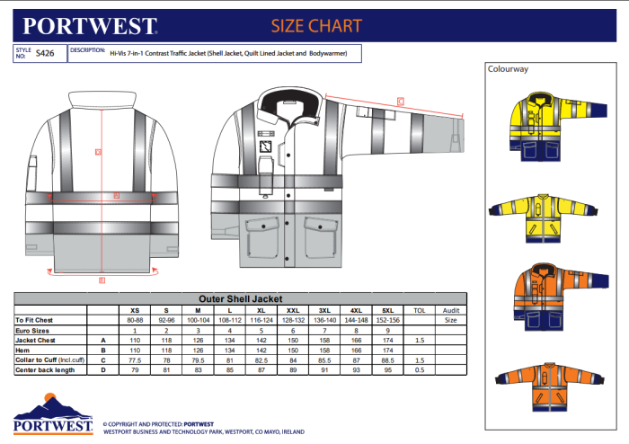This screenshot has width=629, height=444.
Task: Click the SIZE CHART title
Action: tap(317, 25)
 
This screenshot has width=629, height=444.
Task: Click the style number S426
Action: tap(45, 53)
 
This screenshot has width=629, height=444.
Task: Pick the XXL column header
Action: tap(292, 309)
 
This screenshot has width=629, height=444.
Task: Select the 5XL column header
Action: tap(386, 309)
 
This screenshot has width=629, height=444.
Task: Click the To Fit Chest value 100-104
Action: tap(198, 319)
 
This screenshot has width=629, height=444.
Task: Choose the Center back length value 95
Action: tap(386, 369)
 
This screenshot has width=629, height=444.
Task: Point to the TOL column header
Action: tap(418, 309)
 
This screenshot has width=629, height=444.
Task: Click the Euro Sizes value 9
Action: tap(386, 329)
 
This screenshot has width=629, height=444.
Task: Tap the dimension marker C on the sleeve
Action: tap(401, 99)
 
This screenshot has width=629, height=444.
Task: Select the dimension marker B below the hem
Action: tap(102, 280)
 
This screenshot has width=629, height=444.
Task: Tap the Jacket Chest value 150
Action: tap(292, 339)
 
